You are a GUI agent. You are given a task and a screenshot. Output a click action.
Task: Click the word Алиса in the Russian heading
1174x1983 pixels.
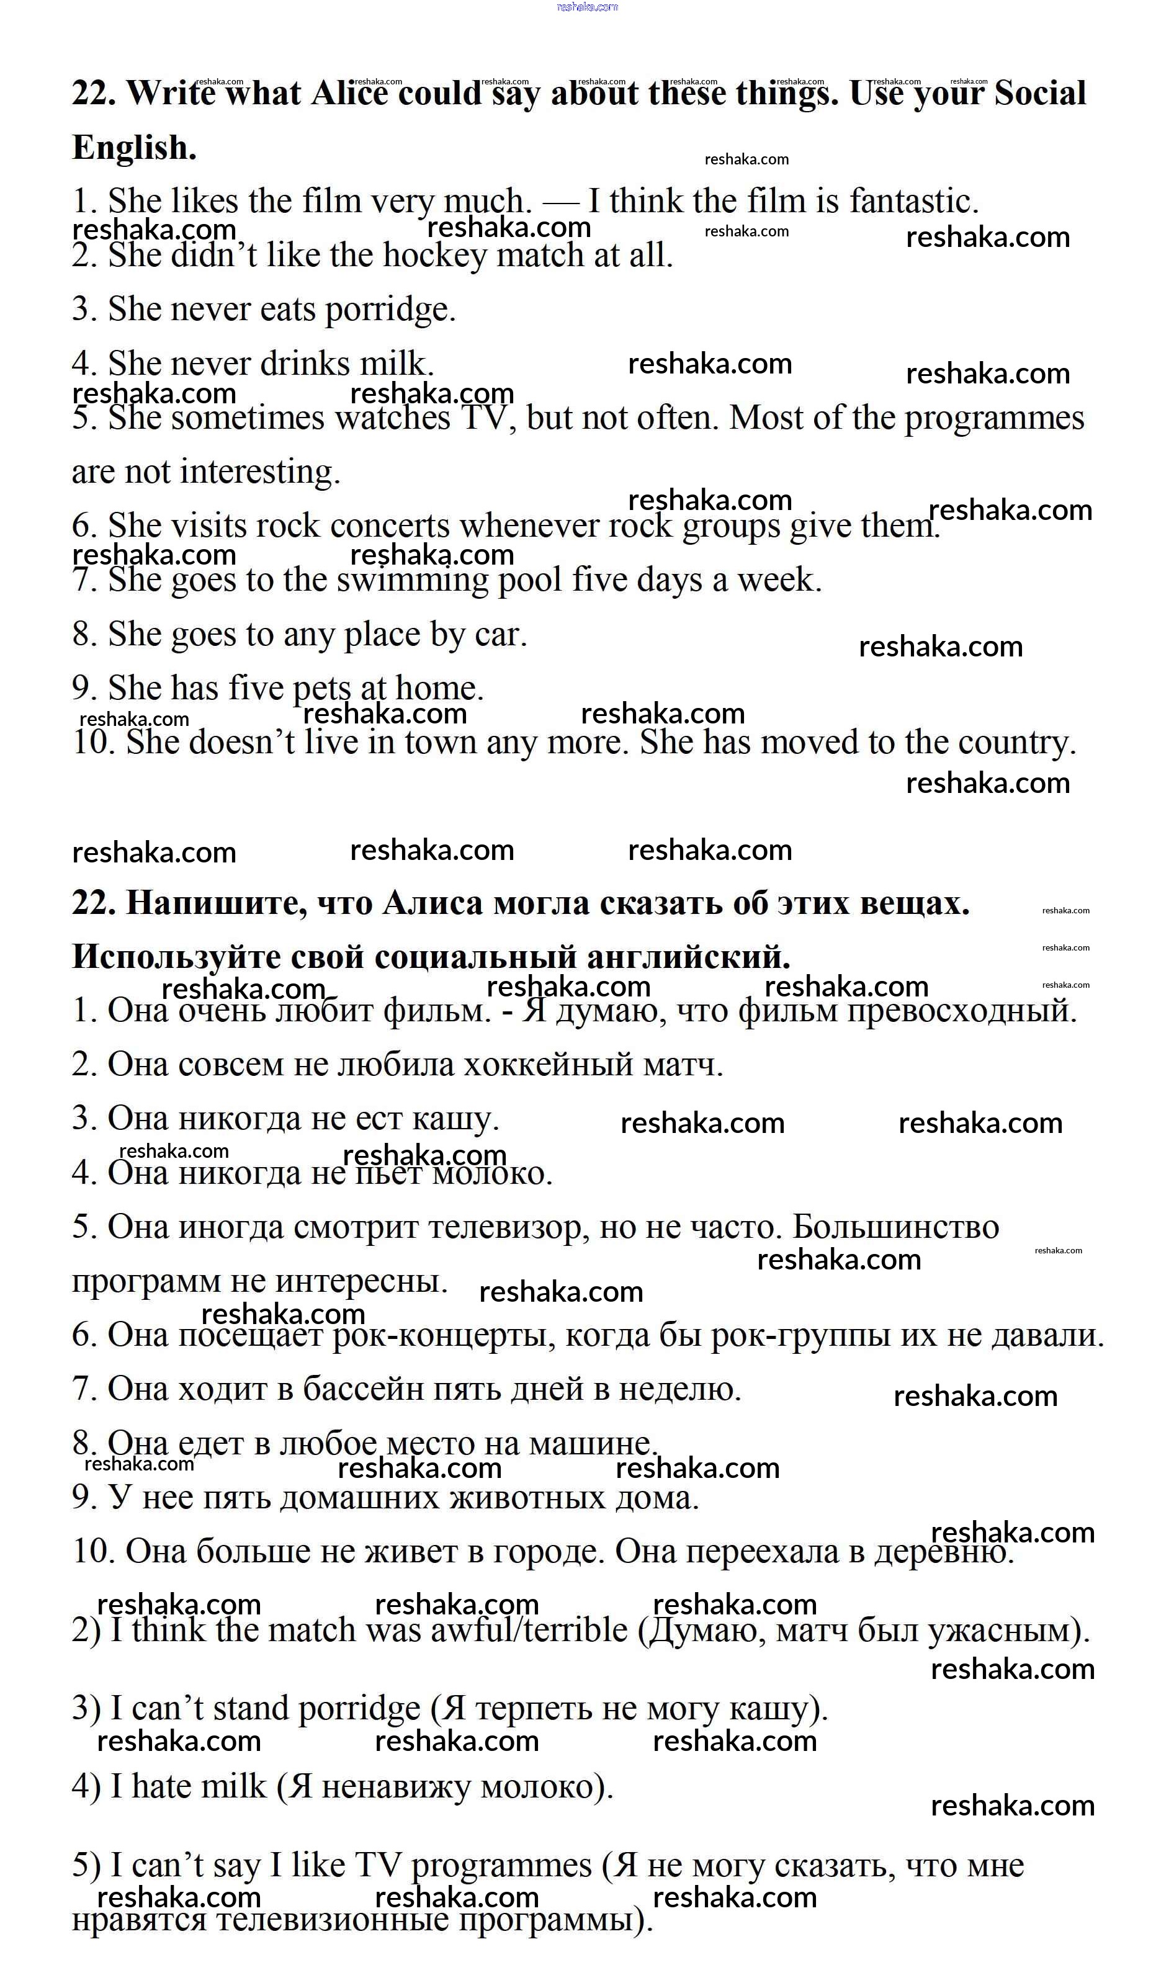(432, 903)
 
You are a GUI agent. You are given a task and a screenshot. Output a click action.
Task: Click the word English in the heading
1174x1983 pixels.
(133, 148)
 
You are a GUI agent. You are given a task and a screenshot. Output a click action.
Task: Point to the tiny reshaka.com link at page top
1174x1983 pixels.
(587, 7)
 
